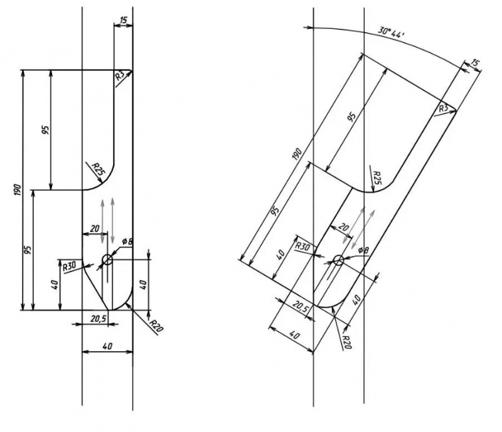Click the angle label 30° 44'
pos(391,32)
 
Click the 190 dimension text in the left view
pos(18,190)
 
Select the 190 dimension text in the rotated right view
pos(297,154)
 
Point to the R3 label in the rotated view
pos(444,108)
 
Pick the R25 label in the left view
pos(99,168)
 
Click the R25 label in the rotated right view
pos(378,177)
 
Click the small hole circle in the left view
pos(107,260)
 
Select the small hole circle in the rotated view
pos(338,260)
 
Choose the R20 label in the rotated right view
pos(347,342)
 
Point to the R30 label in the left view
pos(69,266)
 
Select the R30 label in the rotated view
pos(302,246)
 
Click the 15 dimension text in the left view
pos(123,20)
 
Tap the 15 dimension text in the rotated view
pos(476,63)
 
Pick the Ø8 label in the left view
pos(127,241)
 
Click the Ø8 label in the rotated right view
pos(363,250)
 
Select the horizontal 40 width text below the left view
pos(107,346)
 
